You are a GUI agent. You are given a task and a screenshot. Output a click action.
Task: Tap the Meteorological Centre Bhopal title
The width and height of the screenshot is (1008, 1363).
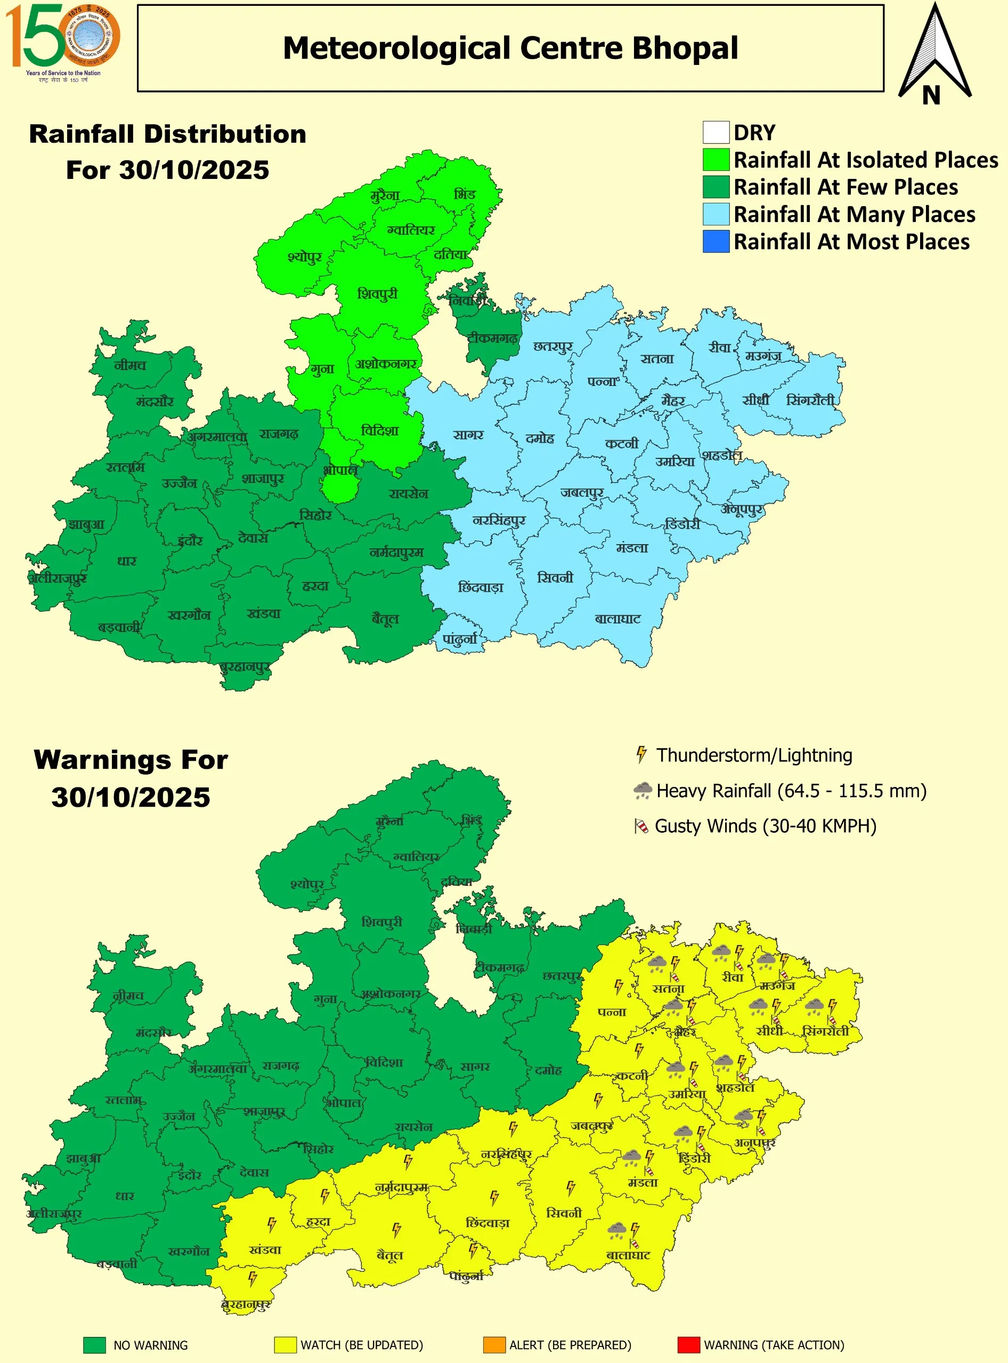pyautogui.click(x=510, y=48)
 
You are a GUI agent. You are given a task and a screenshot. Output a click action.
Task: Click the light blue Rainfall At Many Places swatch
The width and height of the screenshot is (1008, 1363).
pyautogui.click(x=716, y=214)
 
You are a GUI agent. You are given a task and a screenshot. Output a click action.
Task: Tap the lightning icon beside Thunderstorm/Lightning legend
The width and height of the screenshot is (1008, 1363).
pyautogui.click(x=641, y=754)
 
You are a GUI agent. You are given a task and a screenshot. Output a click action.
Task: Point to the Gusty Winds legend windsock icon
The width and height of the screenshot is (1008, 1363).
pyautogui.click(x=641, y=826)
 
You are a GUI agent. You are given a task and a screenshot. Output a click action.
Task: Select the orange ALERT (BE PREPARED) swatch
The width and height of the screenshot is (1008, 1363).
pyautogui.click(x=494, y=1345)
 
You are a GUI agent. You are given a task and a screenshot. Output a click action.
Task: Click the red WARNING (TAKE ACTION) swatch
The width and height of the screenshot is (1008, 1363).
pyautogui.click(x=688, y=1345)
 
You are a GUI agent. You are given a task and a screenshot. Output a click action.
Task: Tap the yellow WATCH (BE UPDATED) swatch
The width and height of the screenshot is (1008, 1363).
pyautogui.click(x=285, y=1345)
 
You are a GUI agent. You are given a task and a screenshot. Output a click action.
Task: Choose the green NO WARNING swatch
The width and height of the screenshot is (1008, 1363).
pyautogui.click(x=95, y=1345)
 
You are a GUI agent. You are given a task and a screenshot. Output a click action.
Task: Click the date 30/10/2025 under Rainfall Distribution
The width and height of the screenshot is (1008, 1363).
pyautogui.click(x=167, y=170)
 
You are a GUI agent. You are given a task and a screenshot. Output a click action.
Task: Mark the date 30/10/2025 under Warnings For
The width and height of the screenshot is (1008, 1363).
pyautogui.click(x=131, y=797)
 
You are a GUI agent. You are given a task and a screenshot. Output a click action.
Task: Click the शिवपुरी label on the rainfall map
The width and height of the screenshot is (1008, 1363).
pyautogui.click(x=377, y=294)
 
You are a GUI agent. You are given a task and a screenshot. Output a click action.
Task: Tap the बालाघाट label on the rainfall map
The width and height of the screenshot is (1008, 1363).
pyautogui.click(x=617, y=619)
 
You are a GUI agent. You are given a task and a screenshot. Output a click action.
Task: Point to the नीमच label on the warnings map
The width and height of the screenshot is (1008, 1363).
pyautogui.click(x=128, y=996)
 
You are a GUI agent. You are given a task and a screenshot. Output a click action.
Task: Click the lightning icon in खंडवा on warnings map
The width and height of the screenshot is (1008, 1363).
pyautogui.click(x=272, y=1225)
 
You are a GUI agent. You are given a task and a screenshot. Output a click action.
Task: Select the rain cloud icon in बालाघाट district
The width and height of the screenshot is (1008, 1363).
pyautogui.click(x=617, y=1229)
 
